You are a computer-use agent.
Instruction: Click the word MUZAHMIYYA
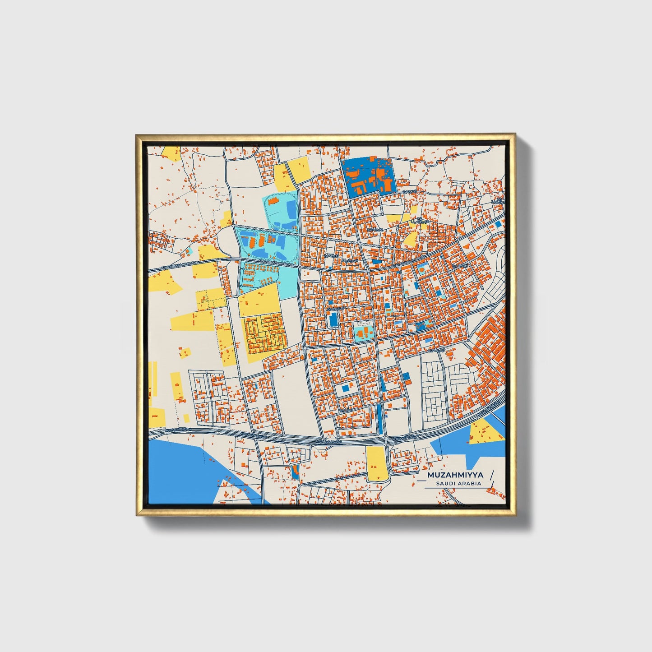point(455,475)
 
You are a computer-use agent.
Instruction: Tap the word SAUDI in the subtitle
point(445,484)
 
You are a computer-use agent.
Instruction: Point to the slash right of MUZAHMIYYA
point(491,475)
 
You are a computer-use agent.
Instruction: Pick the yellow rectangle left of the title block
point(376,463)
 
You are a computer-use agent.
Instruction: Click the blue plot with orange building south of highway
point(295,472)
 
